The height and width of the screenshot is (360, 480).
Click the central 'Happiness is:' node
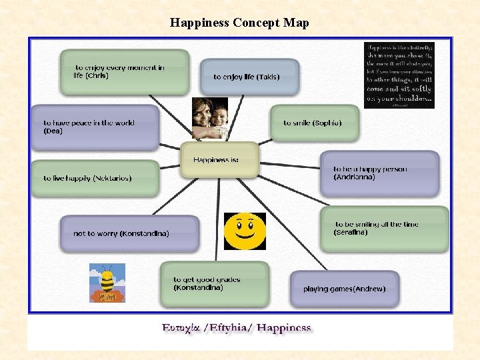(219, 159)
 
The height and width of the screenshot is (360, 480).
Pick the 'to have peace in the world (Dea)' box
(95, 127)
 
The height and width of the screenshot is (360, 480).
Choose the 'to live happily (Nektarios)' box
(95, 178)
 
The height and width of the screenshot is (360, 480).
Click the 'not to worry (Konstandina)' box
(129, 233)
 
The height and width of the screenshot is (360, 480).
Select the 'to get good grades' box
(214, 283)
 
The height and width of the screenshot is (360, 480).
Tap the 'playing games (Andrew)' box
(345, 289)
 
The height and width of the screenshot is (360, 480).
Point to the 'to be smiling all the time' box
(384, 229)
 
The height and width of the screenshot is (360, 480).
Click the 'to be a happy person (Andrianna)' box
(379, 173)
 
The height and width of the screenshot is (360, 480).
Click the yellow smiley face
(245, 231)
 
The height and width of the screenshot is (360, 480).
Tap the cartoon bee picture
(107, 283)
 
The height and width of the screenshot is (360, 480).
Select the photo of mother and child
(210, 118)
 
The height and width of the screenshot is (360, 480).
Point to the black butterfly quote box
(399, 75)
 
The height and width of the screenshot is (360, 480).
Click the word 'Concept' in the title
(257, 23)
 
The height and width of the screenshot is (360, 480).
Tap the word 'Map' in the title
(296, 23)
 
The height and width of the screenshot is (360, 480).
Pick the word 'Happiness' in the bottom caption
(284, 328)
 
